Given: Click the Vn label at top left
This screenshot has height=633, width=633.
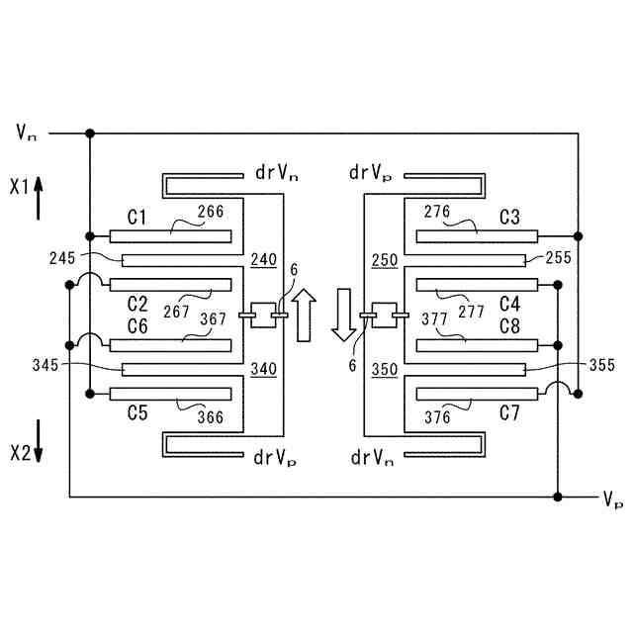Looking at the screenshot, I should click(x=28, y=132).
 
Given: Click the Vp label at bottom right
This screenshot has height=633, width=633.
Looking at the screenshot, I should click(x=612, y=499).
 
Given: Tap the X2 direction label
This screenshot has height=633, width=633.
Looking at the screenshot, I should click(x=21, y=454).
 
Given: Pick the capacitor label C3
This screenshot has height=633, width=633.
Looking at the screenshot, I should click(x=509, y=216).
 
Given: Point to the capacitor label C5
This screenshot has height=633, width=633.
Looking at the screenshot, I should click(x=137, y=413).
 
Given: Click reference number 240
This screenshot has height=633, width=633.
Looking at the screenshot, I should click(x=264, y=259).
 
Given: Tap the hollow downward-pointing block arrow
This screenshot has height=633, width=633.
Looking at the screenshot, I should click(x=343, y=316).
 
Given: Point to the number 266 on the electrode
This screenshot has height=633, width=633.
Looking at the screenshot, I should click(x=211, y=212).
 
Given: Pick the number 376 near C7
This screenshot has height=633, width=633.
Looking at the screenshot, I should click(x=437, y=417).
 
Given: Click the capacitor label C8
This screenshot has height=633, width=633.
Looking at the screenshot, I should click(x=509, y=325).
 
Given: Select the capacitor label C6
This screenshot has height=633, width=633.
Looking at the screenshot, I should click(x=137, y=325).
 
